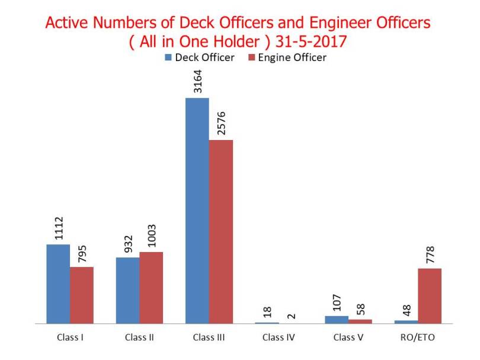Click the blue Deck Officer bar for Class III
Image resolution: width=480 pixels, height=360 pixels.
pyautogui.click(x=197, y=211)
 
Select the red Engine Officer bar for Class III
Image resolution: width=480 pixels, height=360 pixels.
pyautogui.click(x=221, y=232)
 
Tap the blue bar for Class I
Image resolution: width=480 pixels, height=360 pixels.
pyautogui.click(x=58, y=284)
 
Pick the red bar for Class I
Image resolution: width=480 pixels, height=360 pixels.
pyautogui.click(x=82, y=295)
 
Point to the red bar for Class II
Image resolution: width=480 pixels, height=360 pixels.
pyautogui.click(x=151, y=288)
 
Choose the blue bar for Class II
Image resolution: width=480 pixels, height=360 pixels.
pyautogui.click(x=128, y=291)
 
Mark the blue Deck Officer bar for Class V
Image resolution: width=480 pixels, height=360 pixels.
pyautogui.click(x=337, y=320)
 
